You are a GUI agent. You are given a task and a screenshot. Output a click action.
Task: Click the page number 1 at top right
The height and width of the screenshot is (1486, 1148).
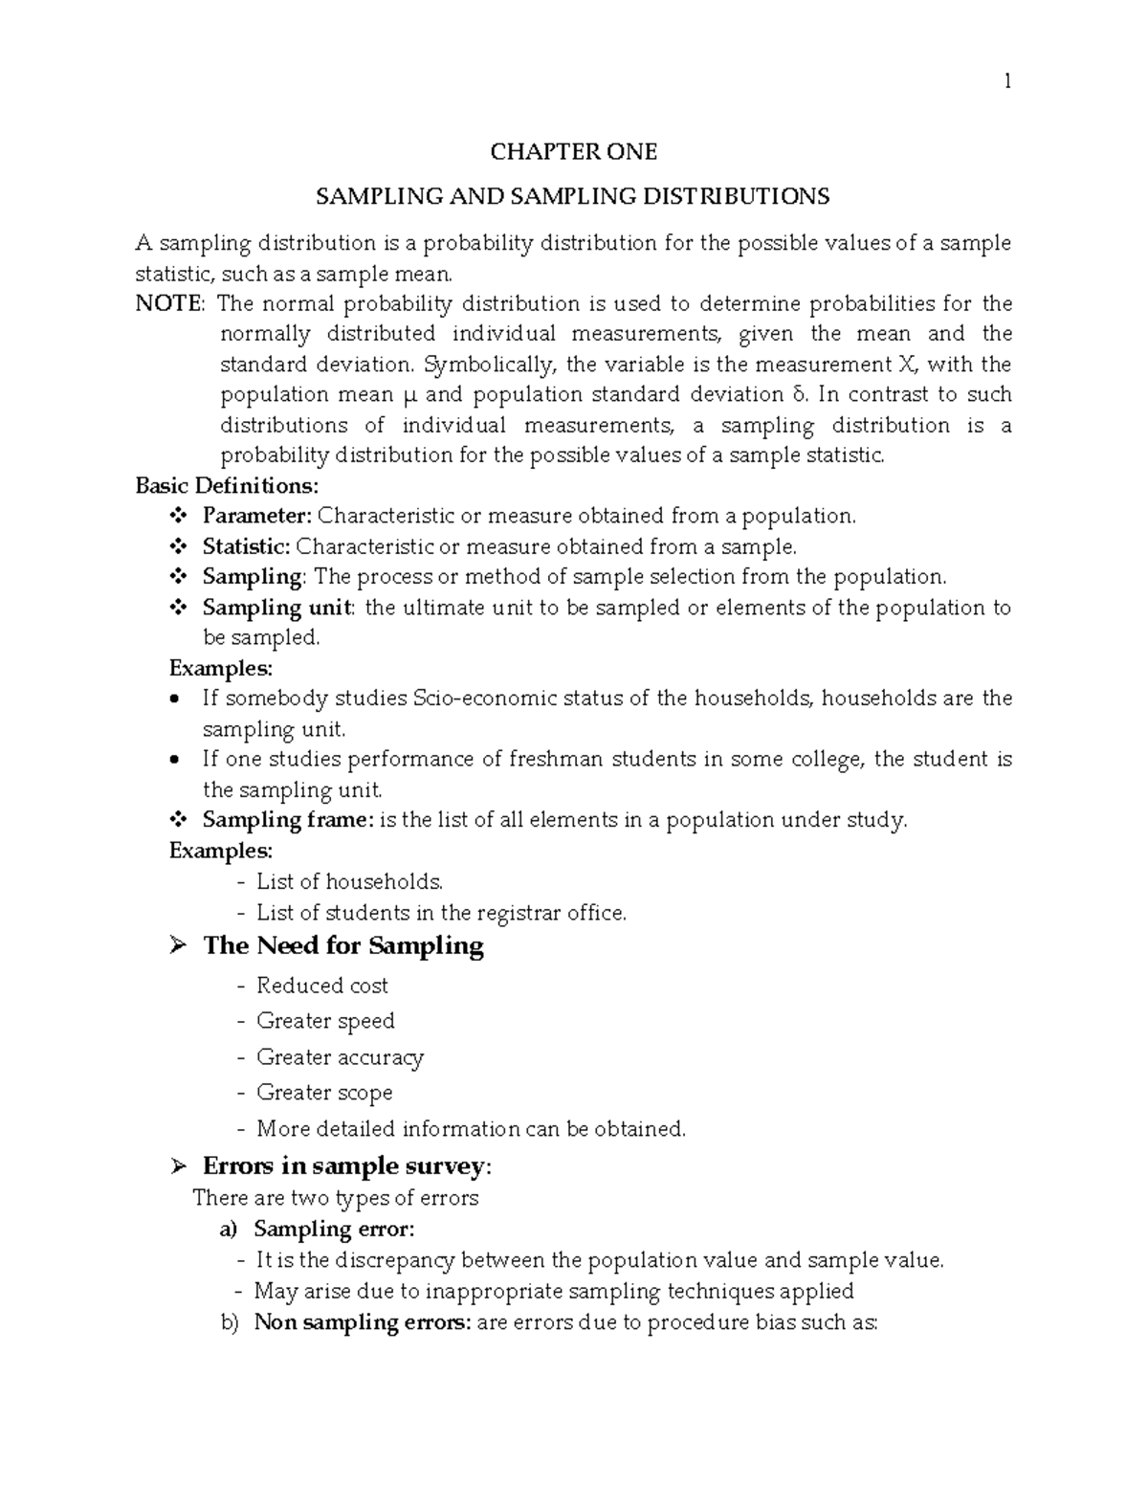click(x=1006, y=82)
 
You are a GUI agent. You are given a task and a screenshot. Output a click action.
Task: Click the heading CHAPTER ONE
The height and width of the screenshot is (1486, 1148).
click(x=573, y=152)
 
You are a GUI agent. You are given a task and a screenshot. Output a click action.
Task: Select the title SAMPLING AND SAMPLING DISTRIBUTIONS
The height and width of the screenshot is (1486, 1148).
click(x=573, y=197)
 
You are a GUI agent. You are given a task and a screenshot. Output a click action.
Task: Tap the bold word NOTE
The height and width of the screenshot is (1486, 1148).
click(x=168, y=304)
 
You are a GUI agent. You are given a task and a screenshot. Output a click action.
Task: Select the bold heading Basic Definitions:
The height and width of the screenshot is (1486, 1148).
click(x=227, y=485)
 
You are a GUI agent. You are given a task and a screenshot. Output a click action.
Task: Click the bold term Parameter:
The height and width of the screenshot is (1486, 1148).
click(x=256, y=516)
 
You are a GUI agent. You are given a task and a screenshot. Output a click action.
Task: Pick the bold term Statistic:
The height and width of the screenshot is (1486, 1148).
click(x=246, y=546)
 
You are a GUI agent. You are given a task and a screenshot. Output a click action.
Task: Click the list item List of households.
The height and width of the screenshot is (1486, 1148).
click(x=349, y=881)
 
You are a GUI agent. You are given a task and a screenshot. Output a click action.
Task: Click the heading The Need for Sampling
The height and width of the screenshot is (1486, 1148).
click(x=342, y=946)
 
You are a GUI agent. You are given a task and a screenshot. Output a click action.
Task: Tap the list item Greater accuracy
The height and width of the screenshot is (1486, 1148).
click(x=340, y=1057)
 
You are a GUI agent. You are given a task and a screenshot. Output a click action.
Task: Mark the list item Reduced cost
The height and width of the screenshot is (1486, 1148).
click(x=322, y=986)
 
